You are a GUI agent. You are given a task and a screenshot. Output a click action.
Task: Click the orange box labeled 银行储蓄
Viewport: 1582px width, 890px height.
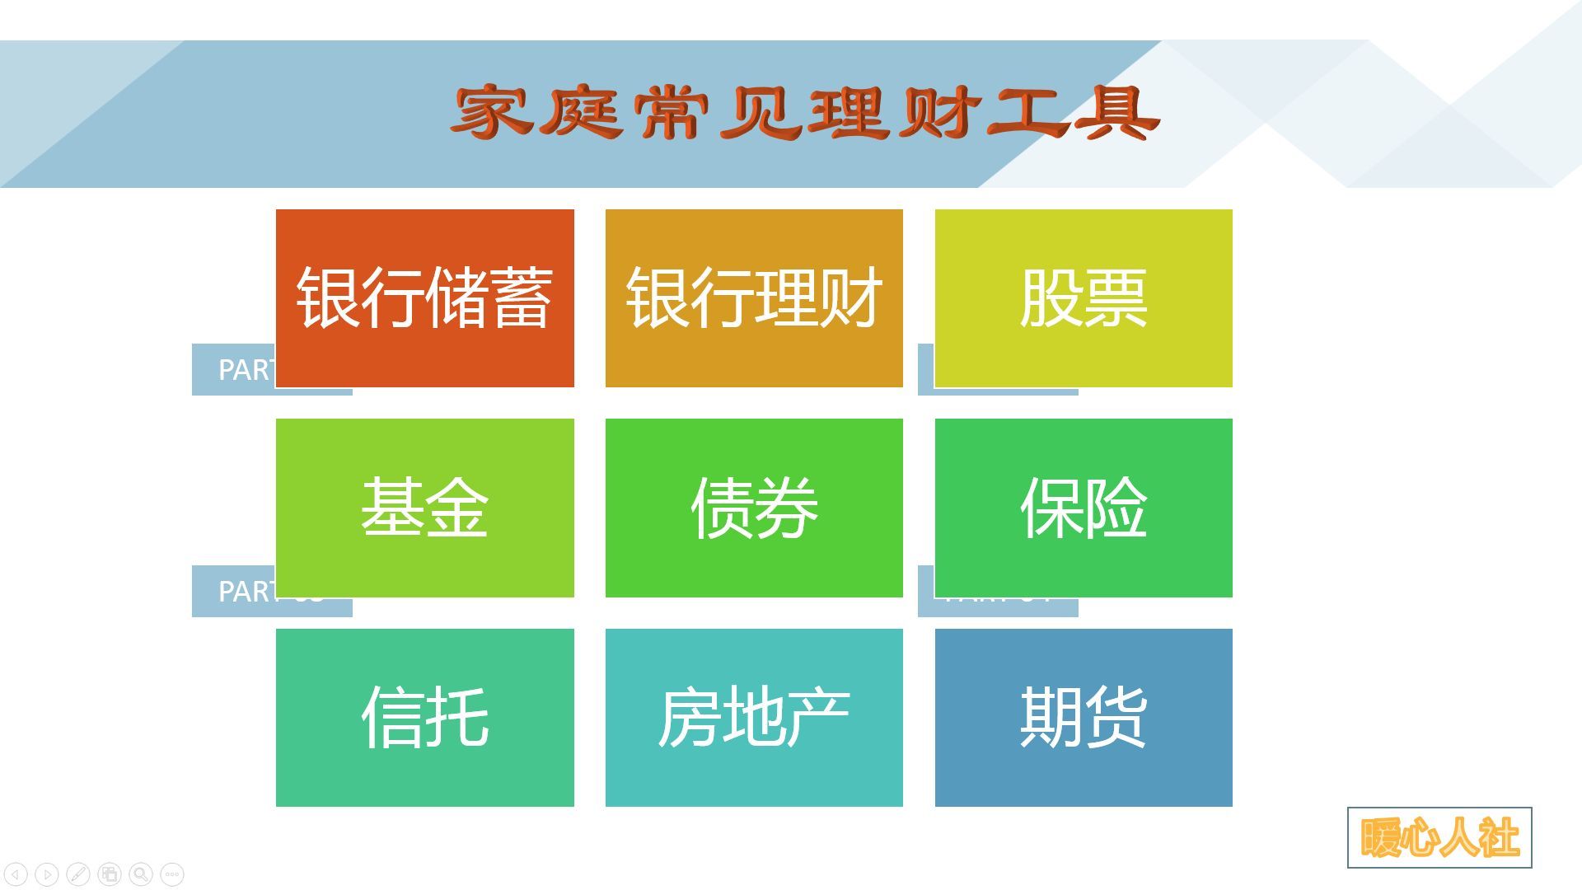pos(424,297)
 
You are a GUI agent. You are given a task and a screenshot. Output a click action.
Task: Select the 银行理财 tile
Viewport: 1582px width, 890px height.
pos(754,297)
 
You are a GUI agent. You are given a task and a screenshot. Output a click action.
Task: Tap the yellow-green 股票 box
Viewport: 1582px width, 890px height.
pos(1084,297)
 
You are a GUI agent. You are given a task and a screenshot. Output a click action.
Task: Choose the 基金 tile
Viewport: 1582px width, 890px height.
pos(424,508)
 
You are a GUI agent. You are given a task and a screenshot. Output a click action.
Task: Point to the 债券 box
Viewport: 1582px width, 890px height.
pos(754,508)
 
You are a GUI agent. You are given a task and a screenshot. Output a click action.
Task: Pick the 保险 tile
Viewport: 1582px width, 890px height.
pos(1084,508)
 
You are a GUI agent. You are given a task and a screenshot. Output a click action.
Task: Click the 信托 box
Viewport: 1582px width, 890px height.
pos(424,717)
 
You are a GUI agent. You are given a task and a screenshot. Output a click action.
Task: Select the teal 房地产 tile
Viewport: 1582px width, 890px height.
pos(754,717)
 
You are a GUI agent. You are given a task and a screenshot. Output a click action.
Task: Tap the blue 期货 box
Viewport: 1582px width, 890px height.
pos(1084,717)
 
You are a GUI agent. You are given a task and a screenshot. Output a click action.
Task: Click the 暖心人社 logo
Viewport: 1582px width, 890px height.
pos(1439,837)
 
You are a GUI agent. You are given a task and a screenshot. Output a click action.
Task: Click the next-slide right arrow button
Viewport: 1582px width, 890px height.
pos(47,874)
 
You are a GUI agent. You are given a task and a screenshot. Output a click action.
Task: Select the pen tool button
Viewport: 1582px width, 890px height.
pos(78,874)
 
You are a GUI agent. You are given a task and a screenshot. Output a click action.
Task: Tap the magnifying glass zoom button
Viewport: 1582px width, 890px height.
pos(141,874)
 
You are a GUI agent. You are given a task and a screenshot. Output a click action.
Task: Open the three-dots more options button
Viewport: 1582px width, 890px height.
pos(172,874)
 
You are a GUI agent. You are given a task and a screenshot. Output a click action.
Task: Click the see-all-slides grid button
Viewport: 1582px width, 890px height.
pos(110,874)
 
